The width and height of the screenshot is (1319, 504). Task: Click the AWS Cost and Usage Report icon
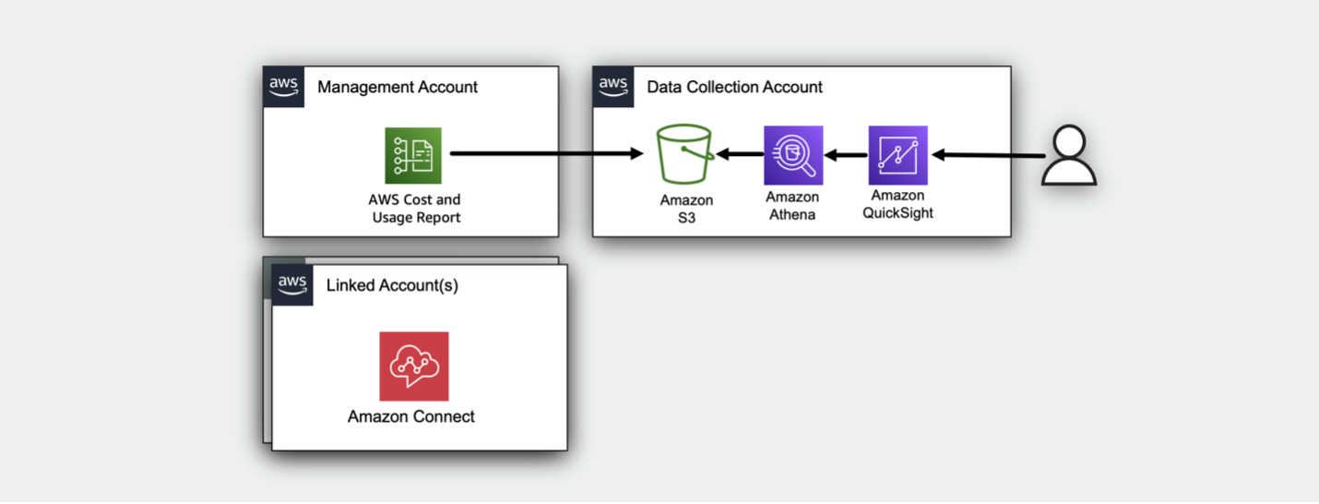(x=413, y=156)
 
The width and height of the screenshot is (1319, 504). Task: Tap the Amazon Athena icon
(x=793, y=156)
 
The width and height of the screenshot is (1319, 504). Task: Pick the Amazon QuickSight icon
(x=897, y=156)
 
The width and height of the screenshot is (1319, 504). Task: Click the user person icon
(x=1069, y=157)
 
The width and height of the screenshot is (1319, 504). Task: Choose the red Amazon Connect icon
(x=413, y=366)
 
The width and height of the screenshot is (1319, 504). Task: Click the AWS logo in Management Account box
(x=283, y=87)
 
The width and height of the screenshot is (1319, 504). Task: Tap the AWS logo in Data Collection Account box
(x=613, y=87)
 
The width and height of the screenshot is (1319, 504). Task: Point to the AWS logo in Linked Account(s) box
(x=292, y=285)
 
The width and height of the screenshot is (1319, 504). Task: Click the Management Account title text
(x=398, y=88)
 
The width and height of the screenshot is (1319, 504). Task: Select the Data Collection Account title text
(x=734, y=88)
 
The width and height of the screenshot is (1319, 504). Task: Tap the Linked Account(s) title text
(x=392, y=285)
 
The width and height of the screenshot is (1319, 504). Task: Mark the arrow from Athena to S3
(x=740, y=155)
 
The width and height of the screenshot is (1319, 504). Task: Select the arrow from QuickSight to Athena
(x=846, y=155)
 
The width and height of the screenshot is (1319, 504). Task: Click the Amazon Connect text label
(x=411, y=416)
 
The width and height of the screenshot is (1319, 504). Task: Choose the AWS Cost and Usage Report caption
(x=416, y=209)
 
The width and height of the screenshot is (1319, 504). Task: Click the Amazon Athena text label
(x=792, y=206)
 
